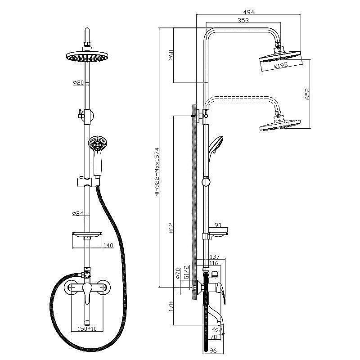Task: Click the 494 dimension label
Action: (x=249, y=12)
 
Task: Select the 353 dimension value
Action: (x=243, y=20)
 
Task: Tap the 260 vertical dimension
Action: (x=171, y=55)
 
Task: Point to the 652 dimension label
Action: (x=307, y=94)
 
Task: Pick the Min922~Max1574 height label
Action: (x=157, y=172)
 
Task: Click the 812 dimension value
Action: (x=171, y=228)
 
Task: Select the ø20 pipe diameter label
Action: (x=78, y=82)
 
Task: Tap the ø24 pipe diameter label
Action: (x=77, y=213)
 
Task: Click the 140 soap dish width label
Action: (x=108, y=245)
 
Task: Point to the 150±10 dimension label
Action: (x=87, y=328)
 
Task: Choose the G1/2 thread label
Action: (x=187, y=272)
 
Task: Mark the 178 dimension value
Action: (x=171, y=307)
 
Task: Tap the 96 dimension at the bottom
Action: (x=213, y=351)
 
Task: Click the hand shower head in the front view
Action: (x=98, y=144)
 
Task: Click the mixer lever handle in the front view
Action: (x=87, y=293)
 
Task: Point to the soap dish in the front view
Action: (x=87, y=234)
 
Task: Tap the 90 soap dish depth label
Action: (x=217, y=225)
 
